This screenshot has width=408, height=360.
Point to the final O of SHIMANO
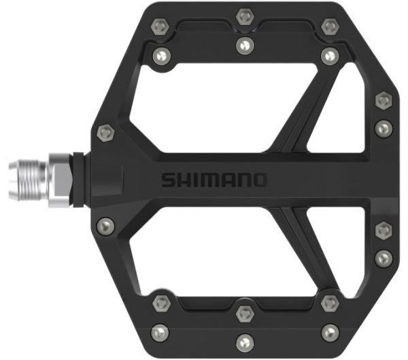[x=260, y=180]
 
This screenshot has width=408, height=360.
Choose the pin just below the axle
[x=105, y=224]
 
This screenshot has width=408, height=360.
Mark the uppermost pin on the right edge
[x=383, y=101]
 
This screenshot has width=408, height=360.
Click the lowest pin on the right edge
[x=383, y=259]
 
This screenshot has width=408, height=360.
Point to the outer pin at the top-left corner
[x=160, y=27]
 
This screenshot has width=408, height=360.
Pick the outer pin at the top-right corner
[x=330, y=27]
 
